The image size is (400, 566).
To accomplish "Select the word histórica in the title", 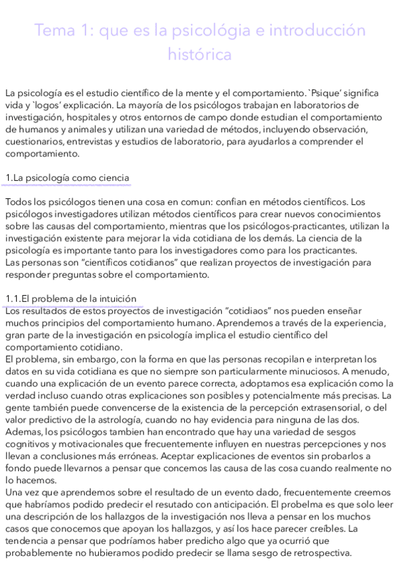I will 200,55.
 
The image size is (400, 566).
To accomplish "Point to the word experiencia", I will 357,322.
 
